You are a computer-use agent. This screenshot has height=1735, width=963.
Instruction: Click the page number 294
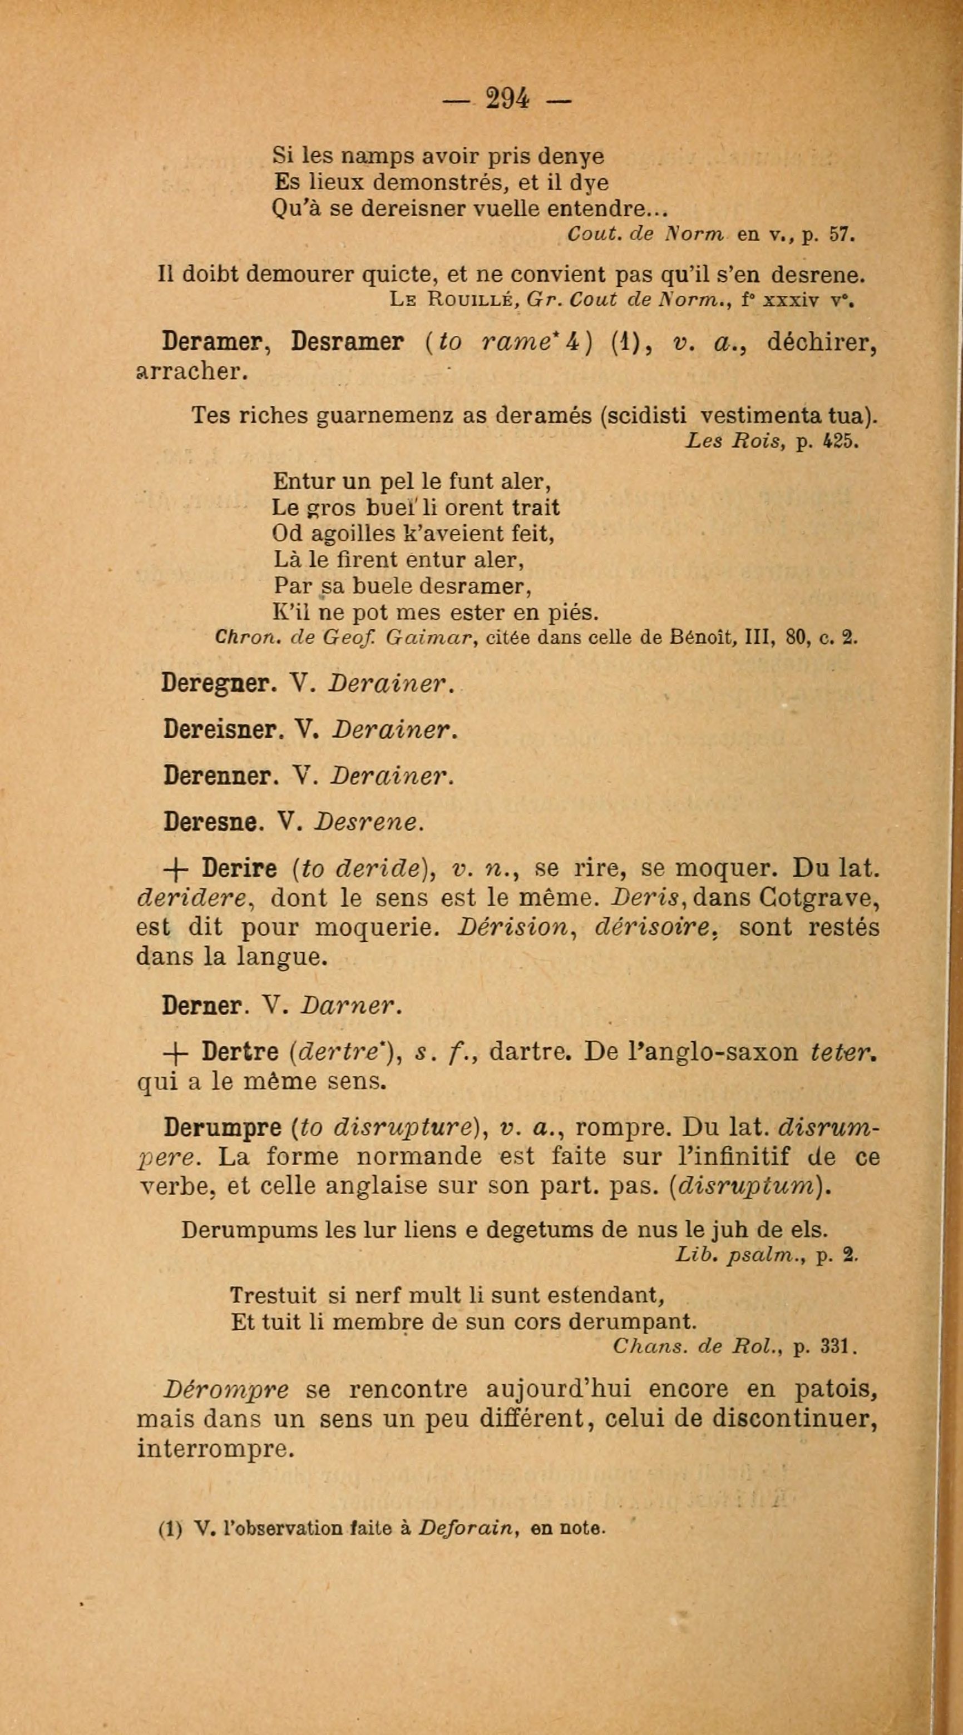coord(507,100)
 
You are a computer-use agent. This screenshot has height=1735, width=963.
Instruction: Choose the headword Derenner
coord(216,777)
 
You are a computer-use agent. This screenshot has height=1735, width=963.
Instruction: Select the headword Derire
coord(239,869)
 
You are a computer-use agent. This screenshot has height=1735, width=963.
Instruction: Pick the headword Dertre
coord(240,1052)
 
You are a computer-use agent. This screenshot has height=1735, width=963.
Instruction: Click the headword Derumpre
coord(223,1126)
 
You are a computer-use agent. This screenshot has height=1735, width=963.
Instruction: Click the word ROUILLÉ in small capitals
coord(470,300)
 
